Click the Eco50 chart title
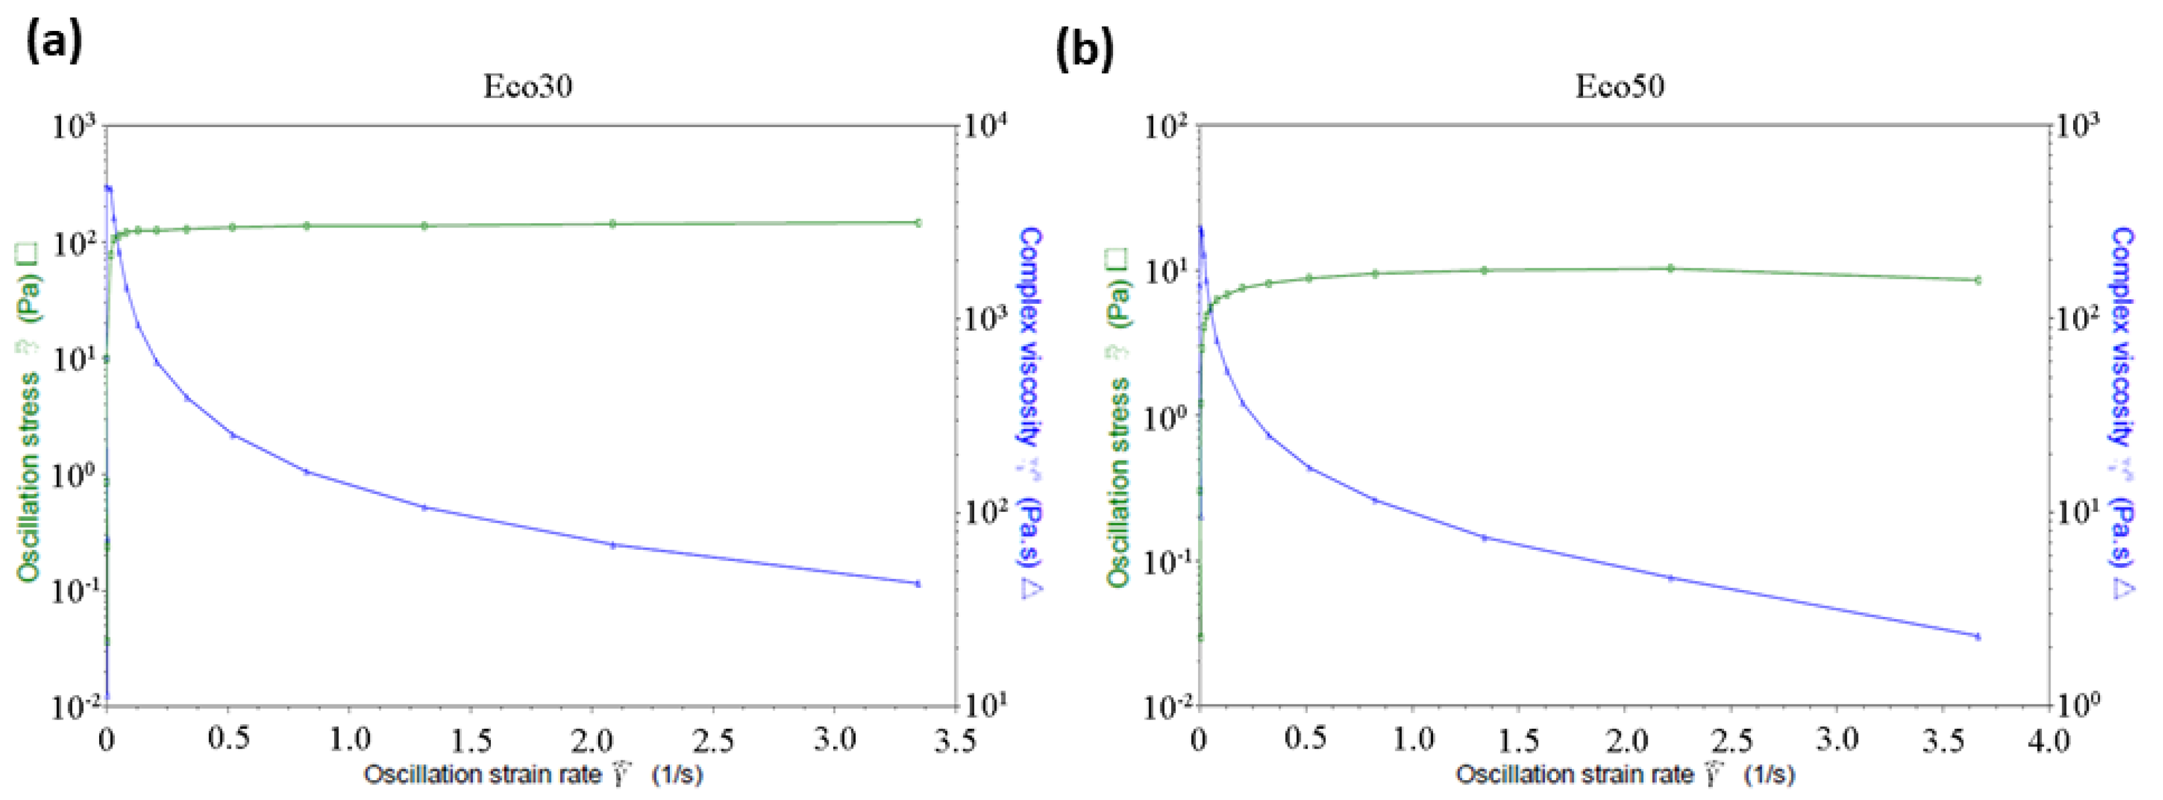pyautogui.click(x=1619, y=86)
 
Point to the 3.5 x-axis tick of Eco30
pyautogui.click(x=956, y=739)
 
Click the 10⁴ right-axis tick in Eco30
pyautogui.click(x=985, y=127)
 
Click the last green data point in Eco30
pyautogui.click(x=918, y=223)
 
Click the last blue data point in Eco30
pyautogui.click(x=918, y=584)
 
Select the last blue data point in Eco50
pyautogui.click(x=1978, y=636)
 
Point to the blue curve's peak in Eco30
pyautogui.click(x=107, y=187)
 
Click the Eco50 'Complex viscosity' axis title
pyautogui.click(x=2121, y=411)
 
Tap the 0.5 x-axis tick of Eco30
pyautogui.click(x=229, y=739)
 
